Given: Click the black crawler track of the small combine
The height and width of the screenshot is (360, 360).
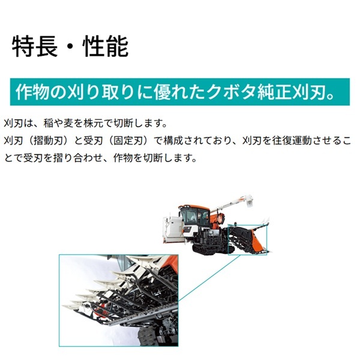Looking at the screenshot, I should (x=207, y=246).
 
